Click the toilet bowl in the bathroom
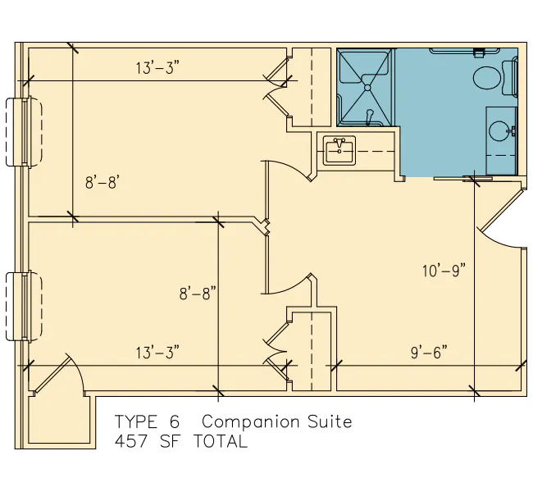487,79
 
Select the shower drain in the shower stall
367,88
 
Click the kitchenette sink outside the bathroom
339,151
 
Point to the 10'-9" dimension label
444,271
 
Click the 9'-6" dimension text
429,353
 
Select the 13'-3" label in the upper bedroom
157,68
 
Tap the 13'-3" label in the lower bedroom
157,353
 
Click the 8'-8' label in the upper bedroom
102,183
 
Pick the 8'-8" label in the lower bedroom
198,293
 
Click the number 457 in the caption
131,441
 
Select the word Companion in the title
251,422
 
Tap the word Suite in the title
330,421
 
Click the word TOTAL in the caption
221,441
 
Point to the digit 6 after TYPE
175,421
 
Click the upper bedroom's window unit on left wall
24,131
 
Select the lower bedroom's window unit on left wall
24,306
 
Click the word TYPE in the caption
136,421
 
